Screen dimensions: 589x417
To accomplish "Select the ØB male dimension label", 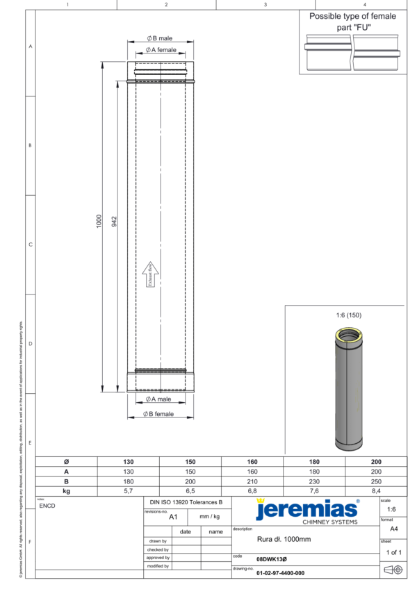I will pos(159,38).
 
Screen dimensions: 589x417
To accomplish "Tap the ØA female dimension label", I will pos(161,51).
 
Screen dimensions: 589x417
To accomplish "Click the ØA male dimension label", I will pos(158,399).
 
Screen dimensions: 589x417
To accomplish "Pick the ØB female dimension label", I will pos(158,414).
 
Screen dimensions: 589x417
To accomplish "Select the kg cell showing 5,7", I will pos(129,490).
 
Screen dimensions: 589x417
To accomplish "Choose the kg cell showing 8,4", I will pos(376,490).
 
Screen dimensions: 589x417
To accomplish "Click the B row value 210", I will pos(252,481).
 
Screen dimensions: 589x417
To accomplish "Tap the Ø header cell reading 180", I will pos(314,461).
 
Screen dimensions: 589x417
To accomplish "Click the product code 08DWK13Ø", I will pos(272,558).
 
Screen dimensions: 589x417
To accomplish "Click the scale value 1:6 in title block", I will pos(392,509).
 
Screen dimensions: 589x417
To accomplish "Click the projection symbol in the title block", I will pos(393,570).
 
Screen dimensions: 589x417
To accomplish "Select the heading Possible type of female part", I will pos(352,20).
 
